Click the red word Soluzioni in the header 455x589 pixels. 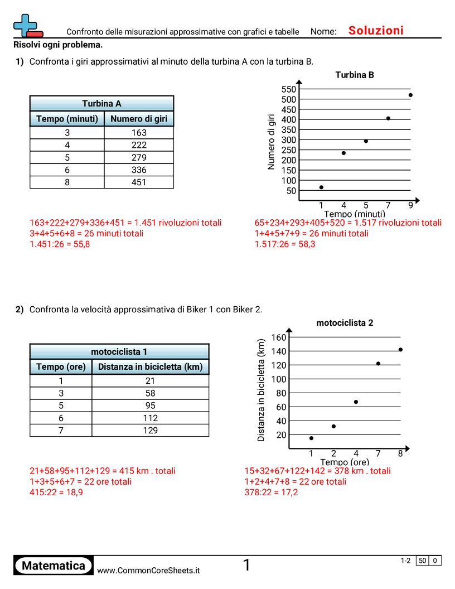pyautogui.click(x=376, y=31)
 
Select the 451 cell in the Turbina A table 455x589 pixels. pyautogui.click(x=139, y=182)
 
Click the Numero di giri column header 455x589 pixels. pyautogui.click(x=139, y=119)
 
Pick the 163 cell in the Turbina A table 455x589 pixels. pyautogui.click(x=139, y=133)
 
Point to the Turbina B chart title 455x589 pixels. pyautogui.click(x=355, y=75)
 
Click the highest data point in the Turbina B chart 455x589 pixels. pyautogui.click(x=410, y=95)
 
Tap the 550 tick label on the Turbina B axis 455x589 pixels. pyautogui.click(x=288, y=89)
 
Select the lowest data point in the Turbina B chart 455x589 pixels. pyautogui.click(x=321, y=187)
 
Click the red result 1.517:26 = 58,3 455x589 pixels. pyautogui.click(x=284, y=244)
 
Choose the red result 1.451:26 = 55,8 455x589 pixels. pyautogui.click(x=60, y=244)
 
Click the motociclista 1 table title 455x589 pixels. pyautogui.click(x=119, y=352)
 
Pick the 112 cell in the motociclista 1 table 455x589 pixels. pyautogui.click(x=150, y=418)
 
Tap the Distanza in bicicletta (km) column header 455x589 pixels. pyautogui.click(x=150, y=367)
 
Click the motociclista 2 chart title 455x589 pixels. pyautogui.click(x=345, y=322)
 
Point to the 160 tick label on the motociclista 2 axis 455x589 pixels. pyautogui.click(x=279, y=337)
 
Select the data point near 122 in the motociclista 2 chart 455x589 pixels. pyautogui.click(x=378, y=364)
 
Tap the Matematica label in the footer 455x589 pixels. pyautogui.click(x=54, y=566)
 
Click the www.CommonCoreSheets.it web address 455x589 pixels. pyautogui.click(x=148, y=571)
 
